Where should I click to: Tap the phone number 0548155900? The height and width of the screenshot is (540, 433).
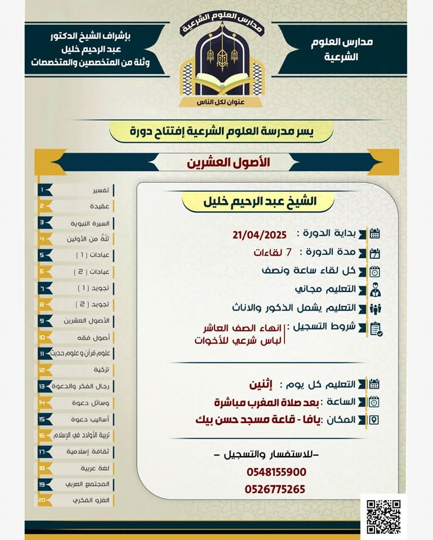click(276, 472)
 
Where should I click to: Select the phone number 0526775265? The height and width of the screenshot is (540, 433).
click(275, 489)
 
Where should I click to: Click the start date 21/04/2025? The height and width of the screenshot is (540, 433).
click(260, 234)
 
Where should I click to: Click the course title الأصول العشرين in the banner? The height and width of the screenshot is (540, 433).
click(229, 163)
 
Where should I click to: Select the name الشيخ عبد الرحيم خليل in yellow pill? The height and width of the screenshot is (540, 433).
click(258, 201)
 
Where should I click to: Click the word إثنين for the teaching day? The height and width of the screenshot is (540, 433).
click(261, 385)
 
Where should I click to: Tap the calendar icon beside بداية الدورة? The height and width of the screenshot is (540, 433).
click(374, 234)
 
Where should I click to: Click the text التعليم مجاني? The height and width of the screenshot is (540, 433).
click(325, 289)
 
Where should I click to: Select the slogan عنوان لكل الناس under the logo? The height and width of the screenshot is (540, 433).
click(216, 102)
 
